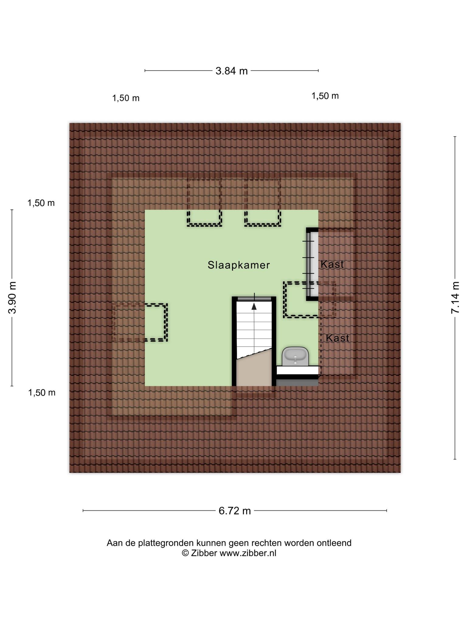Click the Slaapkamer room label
[x=239, y=265]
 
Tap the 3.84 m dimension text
[x=232, y=71]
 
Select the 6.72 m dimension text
[x=235, y=511]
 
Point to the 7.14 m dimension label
[x=455, y=298]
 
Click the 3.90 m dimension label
[x=12, y=298]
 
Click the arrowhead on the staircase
[x=254, y=306]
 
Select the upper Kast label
[x=332, y=264]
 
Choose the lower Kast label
[x=337, y=338]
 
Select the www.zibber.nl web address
[x=248, y=553]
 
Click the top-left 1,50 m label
[x=126, y=98]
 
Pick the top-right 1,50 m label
[x=325, y=96]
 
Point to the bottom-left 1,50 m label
[x=42, y=393]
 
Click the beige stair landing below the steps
[x=254, y=370]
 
